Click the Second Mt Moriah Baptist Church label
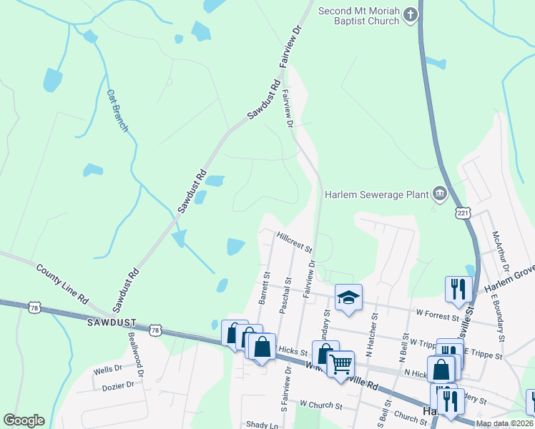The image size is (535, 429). pyautogui.click(x=360, y=16)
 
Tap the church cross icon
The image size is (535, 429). pyautogui.click(x=411, y=14)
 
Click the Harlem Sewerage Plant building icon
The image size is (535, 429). pyautogui.click(x=439, y=193)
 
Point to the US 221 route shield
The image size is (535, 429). pyautogui.click(x=464, y=213)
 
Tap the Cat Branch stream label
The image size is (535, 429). pyautogui.click(x=117, y=110)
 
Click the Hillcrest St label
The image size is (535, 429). pyautogui.click(x=295, y=240)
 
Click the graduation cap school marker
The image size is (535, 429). pyautogui.click(x=348, y=297)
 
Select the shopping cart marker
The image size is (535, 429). pyautogui.click(x=340, y=363)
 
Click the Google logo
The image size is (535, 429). pyautogui.click(x=24, y=420)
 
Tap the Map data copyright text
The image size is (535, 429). pyautogui.click(x=504, y=423)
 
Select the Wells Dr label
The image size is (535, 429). pyautogui.click(x=108, y=371)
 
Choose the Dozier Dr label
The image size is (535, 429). pyautogui.click(x=118, y=385)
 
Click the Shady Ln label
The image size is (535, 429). pyautogui.click(x=262, y=425)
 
